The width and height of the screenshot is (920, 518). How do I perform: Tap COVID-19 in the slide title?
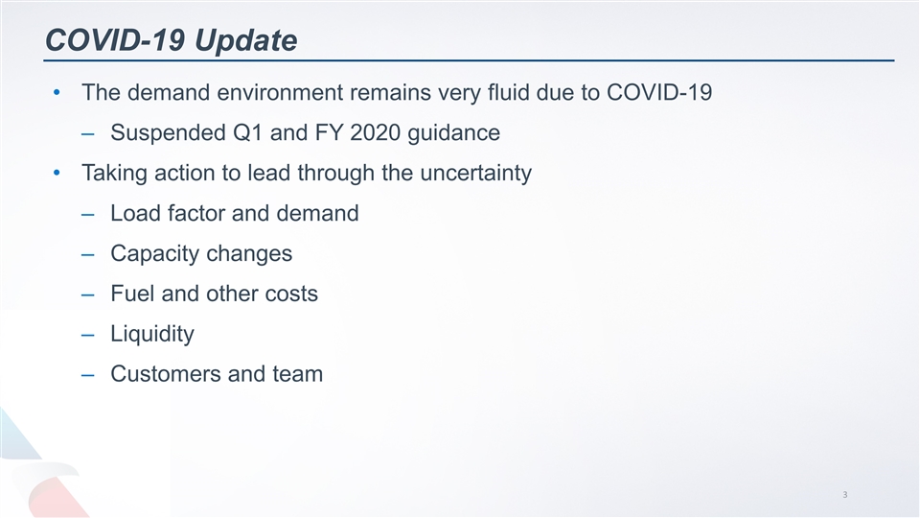(x=115, y=40)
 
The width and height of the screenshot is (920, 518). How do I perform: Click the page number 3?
(x=845, y=495)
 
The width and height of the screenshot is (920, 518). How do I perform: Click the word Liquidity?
(x=151, y=334)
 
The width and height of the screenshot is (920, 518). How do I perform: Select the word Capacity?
(x=151, y=254)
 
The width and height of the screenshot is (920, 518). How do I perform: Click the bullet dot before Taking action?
(x=58, y=174)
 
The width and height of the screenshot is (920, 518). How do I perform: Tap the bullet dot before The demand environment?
(x=58, y=93)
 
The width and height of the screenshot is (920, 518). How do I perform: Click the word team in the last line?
(x=297, y=374)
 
